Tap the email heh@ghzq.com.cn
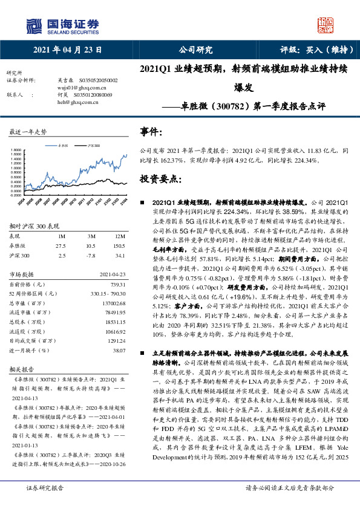tap(77, 102)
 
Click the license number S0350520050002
tap(96, 80)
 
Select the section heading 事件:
tap(152, 131)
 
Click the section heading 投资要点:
tap(160, 179)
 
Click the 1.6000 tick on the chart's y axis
tap(16, 154)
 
